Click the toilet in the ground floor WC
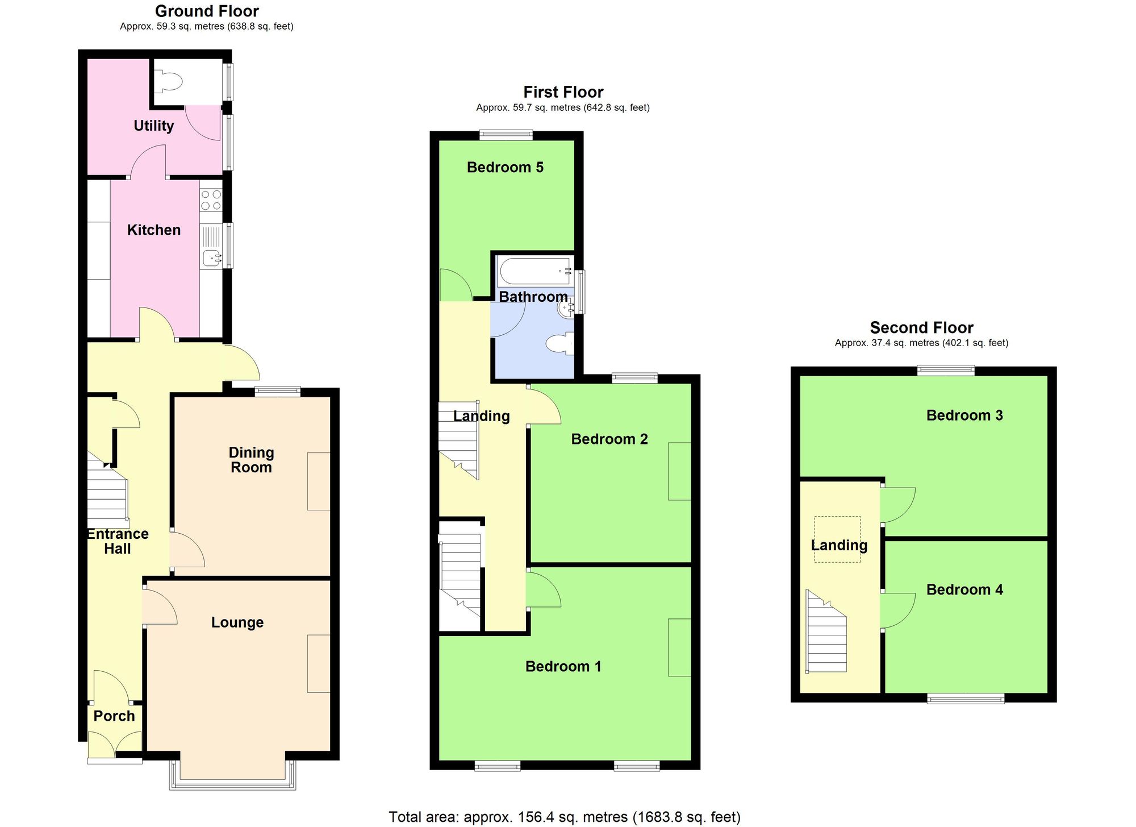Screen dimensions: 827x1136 point(168,82)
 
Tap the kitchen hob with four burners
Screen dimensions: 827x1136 point(211,201)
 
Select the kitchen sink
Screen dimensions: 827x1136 point(212,259)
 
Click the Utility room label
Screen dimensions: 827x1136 point(153,126)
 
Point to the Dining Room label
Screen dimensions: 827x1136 point(251,460)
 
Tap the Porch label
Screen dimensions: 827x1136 point(114,716)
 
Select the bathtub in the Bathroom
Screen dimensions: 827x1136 point(534,272)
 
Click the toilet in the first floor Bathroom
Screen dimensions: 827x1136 point(559,344)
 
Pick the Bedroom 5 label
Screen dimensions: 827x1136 point(505,167)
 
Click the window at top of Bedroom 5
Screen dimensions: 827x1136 point(506,135)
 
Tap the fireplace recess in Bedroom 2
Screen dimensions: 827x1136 point(679,471)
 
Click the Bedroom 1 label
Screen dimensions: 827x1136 point(563,666)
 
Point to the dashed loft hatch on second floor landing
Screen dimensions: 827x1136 point(837,539)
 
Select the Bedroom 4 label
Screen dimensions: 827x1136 point(964,589)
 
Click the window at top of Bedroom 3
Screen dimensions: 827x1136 point(946,371)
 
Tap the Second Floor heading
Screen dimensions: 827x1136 point(921,327)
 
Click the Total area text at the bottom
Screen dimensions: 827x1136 point(564,817)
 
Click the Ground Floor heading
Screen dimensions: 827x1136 point(207,11)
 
